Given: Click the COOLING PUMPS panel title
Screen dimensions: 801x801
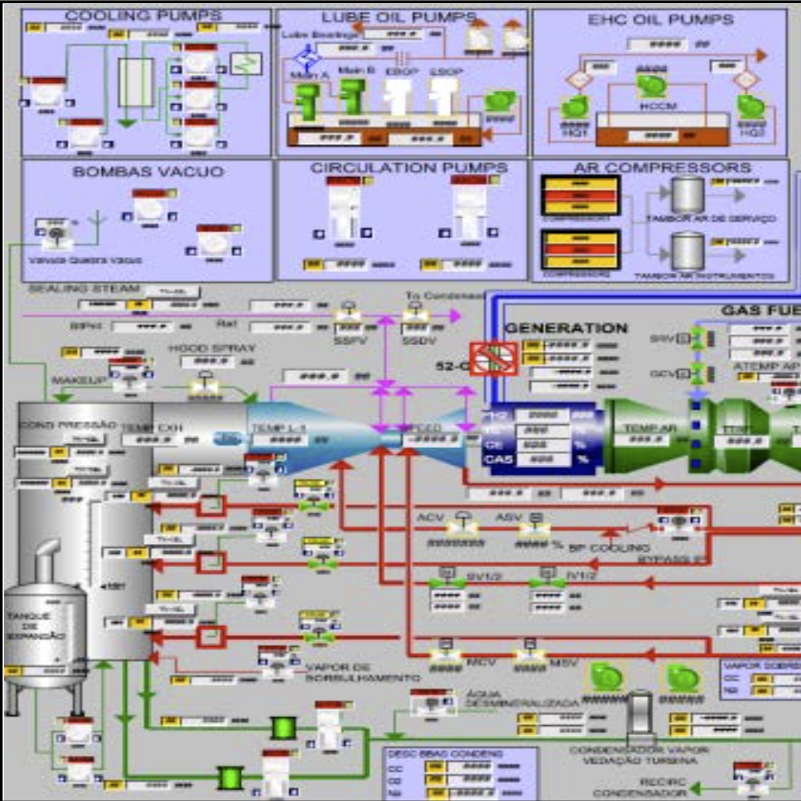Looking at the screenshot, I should coord(143,16).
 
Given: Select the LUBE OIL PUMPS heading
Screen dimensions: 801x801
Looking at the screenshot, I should coord(399,17).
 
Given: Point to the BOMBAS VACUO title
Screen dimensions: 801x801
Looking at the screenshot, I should coord(148,171).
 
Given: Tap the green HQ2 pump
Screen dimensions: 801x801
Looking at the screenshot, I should coord(750,106).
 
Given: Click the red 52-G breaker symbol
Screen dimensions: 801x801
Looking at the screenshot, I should coord(493,358).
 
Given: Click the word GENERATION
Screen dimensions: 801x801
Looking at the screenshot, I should coord(566,328).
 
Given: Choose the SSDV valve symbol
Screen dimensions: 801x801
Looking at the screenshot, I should coord(414,316).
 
